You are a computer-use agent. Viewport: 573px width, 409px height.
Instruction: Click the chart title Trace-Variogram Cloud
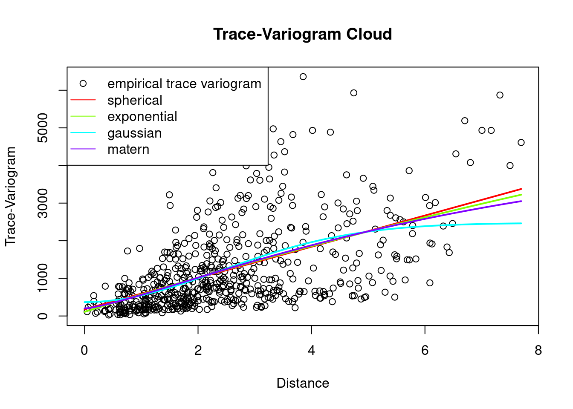click(x=302, y=34)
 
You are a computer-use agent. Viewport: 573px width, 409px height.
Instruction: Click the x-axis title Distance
click(x=302, y=383)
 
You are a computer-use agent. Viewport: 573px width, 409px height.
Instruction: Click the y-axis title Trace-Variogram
click(x=11, y=196)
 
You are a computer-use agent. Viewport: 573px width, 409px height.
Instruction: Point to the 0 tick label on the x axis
click(x=84, y=350)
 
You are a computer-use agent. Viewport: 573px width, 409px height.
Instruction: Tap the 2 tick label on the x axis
click(x=198, y=350)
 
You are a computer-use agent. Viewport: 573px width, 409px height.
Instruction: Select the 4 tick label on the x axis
click(x=312, y=350)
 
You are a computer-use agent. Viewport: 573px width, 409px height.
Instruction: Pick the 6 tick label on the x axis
click(x=425, y=350)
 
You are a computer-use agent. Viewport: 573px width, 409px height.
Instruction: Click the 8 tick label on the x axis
click(x=538, y=350)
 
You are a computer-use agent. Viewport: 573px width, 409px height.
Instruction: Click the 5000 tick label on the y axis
click(x=43, y=128)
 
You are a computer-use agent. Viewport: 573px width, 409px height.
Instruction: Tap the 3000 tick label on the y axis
click(x=43, y=203)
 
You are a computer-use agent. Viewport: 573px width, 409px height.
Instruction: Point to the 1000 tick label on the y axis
click(x=43, y=278)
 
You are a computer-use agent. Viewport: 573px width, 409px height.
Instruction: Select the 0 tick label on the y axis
click(x=43, y=316)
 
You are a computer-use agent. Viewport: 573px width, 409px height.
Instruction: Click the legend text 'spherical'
click(x=135, y=100)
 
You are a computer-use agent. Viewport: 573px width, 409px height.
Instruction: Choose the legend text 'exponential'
click(x=142, y=116)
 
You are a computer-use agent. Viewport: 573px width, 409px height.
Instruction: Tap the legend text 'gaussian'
click(x=134, y=133)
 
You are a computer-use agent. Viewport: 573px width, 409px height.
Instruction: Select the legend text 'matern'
click(x=128, y=149)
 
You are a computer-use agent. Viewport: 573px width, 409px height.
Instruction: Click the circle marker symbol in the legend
click(x=83, y=84)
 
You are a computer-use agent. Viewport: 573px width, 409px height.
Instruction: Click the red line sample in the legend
click(x=83, y=100)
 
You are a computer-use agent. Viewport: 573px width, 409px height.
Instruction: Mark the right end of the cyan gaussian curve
click(x=521, y=223)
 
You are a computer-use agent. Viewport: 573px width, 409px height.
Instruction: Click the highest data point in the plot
click(x=303, y=77)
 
